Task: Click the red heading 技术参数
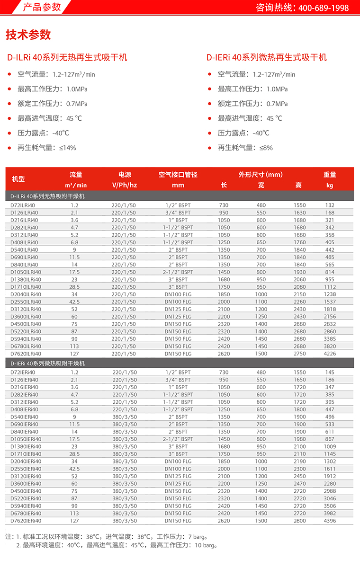click(x=28, y=35)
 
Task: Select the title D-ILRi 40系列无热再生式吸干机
click(x=67, y=58)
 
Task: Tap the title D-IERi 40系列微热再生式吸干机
click(x=266, y=58)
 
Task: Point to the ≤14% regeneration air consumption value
click(x=67, y=148)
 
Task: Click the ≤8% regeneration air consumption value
click(x=266, y=148)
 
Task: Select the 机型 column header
click(x=18, y=179)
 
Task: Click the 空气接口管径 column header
click(x=178, y=175)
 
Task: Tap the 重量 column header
click(x=330, y=175)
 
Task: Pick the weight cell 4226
click(x=330, y=354)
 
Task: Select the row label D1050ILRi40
click(x=26, y=272)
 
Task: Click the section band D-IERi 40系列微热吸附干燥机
click(x=48, y=363)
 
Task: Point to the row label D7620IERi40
click(x=26, y=521)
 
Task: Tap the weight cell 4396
click(x=330, y=521)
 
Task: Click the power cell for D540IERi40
click(x=125, y=417)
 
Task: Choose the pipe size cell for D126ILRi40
click(x=178, y=213)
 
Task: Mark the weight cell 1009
click(x=330, y=446)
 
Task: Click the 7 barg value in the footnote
click(x=198, y=537)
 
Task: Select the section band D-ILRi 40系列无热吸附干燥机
click(x=47, y=195)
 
